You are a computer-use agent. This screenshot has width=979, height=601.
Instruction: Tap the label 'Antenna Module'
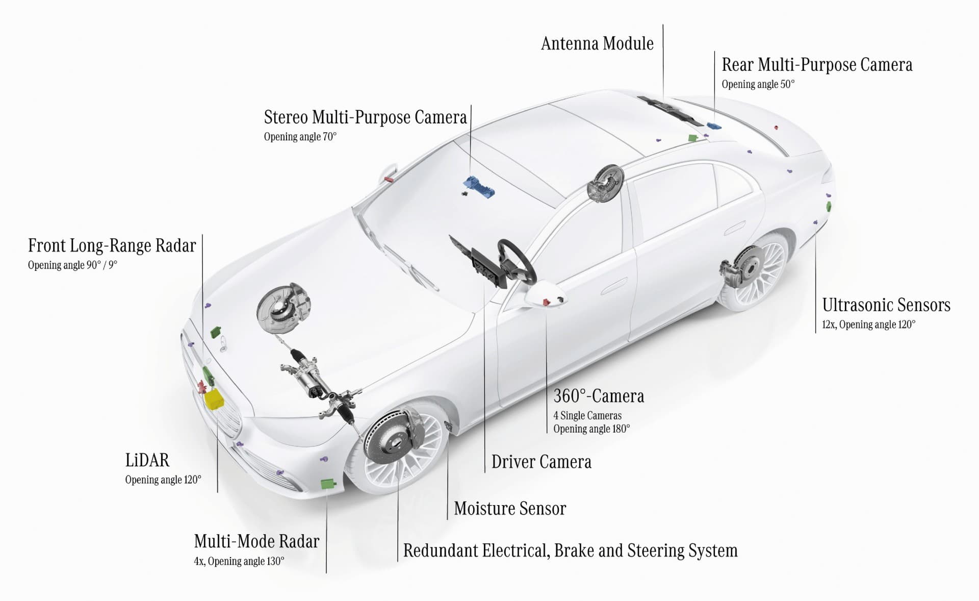click(x=597, y=44)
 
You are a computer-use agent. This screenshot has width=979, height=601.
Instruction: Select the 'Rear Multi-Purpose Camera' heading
click(x=817, y=65)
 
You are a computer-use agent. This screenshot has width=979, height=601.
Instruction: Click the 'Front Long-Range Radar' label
click(x=112, y=246)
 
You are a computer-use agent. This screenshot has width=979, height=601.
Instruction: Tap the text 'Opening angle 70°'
click(x=300, y=137)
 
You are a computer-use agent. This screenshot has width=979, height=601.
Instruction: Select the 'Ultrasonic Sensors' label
click(x=886, y=305)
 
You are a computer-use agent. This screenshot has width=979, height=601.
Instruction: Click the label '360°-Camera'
click(x=599, y=396)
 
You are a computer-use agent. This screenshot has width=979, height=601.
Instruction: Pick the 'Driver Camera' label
click(x=542, y=462)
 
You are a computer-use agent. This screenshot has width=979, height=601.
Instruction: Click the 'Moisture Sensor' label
click(x=510, y=509)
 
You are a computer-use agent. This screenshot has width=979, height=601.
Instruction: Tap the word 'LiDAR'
click(x=147, y=460)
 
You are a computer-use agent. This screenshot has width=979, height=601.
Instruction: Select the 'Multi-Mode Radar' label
click(x=256, y=541)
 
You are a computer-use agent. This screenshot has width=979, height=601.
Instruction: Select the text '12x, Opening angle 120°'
click(x=868, y=324)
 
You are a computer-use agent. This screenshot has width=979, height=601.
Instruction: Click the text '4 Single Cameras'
click(x=587, y=416)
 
